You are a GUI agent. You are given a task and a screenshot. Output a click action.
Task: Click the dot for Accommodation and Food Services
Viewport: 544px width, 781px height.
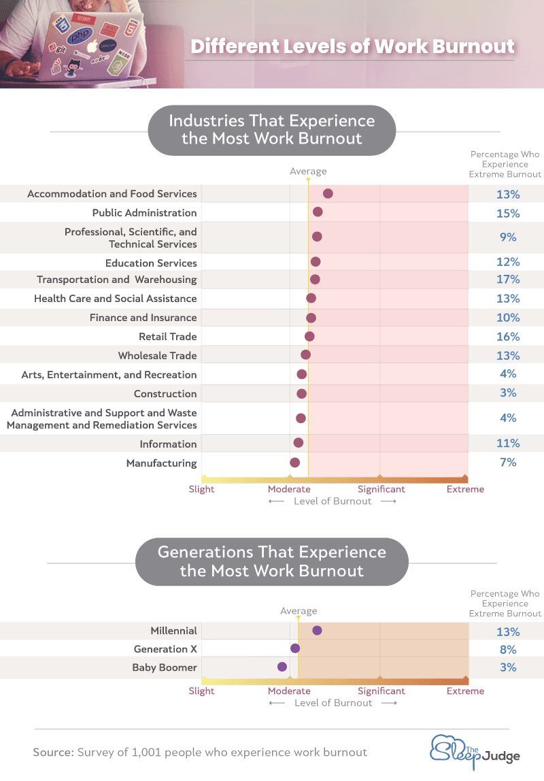pyautogui.click(x=328, y=194)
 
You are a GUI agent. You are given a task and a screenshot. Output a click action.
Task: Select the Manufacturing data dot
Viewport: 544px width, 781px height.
pyautogui.click(x=294, y=463)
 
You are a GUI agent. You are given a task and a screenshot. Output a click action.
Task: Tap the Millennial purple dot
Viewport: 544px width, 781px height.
pyautogui.click(x=317, y=631)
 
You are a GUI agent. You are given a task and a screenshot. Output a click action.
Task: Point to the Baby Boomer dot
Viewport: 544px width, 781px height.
pyautogui.click(x=282, y=667)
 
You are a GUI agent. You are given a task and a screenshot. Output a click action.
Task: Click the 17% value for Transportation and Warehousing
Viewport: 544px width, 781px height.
pyautogui.click(x=508, y=280)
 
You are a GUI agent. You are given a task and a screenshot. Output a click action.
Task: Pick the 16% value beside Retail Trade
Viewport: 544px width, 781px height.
pyautogui.click(x=508, y=337)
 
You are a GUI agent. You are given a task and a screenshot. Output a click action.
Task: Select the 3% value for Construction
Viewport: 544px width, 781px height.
pyautogui.click(x=508, y=393)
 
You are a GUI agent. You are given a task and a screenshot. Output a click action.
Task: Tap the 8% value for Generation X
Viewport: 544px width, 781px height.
pyautogui.click(x=508, y=650)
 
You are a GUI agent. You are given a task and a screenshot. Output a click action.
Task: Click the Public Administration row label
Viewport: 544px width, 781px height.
pyautogui.click(x=144, y=213)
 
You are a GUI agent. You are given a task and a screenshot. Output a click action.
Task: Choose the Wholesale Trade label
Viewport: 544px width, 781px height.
pyautogui.click(x=157, y=356)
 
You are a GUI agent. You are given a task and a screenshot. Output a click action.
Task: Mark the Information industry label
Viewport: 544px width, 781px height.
pyautogui.click(x=169, y=444)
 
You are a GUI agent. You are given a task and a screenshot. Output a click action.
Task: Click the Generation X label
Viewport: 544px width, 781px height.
pyautogui.click(x=165, y=649)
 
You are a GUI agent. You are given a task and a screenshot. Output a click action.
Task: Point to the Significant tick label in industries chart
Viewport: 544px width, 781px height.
pyautogui.click(x=381, y=489)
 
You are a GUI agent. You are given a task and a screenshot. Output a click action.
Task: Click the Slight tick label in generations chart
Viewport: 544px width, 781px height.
pyautogui.click(x=201, y=691)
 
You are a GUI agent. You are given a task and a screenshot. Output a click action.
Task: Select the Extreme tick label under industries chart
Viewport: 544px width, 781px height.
pyautogui.click(x=465, y=489)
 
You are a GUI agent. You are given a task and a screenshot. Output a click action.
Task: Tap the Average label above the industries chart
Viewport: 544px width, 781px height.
pyautogui.click(x=308, y=171)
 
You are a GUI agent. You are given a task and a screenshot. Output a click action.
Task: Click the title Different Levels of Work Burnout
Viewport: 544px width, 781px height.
pyautogui.click(x=352, y=47)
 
